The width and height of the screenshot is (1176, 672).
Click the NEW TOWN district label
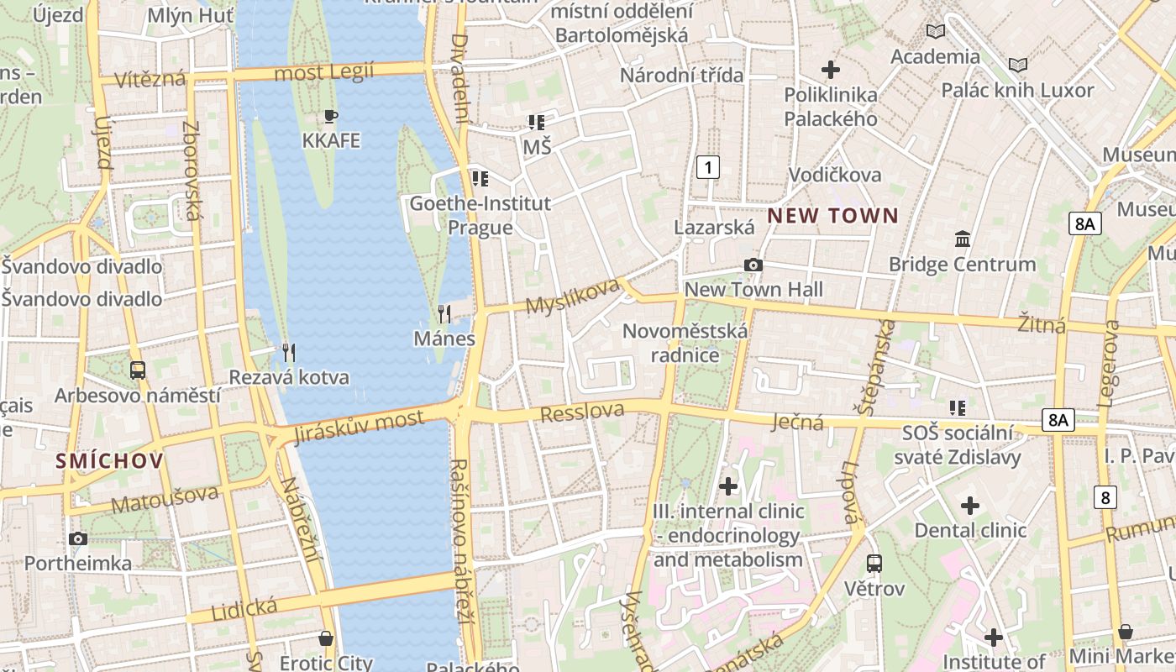click(832, 216)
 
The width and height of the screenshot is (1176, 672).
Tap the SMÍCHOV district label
click(109, 460)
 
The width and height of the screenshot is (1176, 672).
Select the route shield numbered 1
click(708, 167)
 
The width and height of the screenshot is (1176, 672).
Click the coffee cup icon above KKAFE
click(331, 116)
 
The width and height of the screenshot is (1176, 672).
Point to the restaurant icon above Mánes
click(444, 314)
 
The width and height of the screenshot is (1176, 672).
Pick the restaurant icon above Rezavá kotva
click(288, 352)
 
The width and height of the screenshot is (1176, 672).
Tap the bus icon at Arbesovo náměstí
click(137, 370)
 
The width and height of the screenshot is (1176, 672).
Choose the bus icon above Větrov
click(874, 563)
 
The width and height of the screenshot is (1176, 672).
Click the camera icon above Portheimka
click(78, 538)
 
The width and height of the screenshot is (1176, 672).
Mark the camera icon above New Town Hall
click(753, 265)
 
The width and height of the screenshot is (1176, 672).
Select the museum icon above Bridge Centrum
click(963, 239)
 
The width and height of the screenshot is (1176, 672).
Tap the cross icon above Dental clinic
click(970, 506)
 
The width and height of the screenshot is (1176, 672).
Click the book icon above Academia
click(935, 32)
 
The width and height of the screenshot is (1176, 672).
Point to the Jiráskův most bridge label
click(359, 428)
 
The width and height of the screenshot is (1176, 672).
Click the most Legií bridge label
click(323, 73)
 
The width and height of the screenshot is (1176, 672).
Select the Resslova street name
click(582, 412)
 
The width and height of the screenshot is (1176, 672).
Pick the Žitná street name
click(1042, 323)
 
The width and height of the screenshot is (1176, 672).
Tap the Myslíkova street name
click(573, 297)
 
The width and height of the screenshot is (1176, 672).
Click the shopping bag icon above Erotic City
click(326, 638)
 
